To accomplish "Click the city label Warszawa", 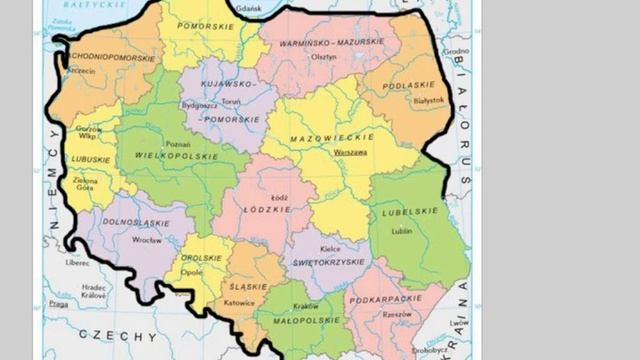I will [350, 152].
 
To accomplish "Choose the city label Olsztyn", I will [323, 57].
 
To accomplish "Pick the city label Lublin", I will [402, 230].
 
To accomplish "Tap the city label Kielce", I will [317, 248].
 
